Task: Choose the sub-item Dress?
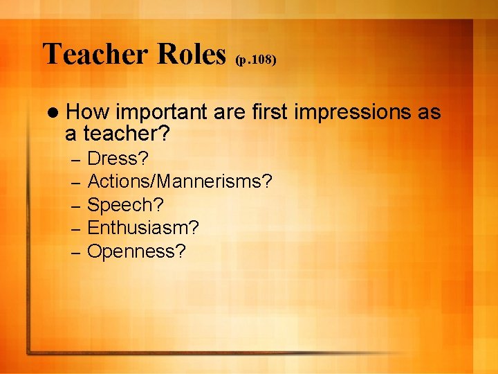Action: (118, 159)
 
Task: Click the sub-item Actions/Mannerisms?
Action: (181, 182)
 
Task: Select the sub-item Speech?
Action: (126, 205)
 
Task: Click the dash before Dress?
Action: (77, 160)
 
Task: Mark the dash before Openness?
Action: (77, 252)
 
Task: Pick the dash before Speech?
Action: (77, 206)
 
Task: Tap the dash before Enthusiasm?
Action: (77, 229)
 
